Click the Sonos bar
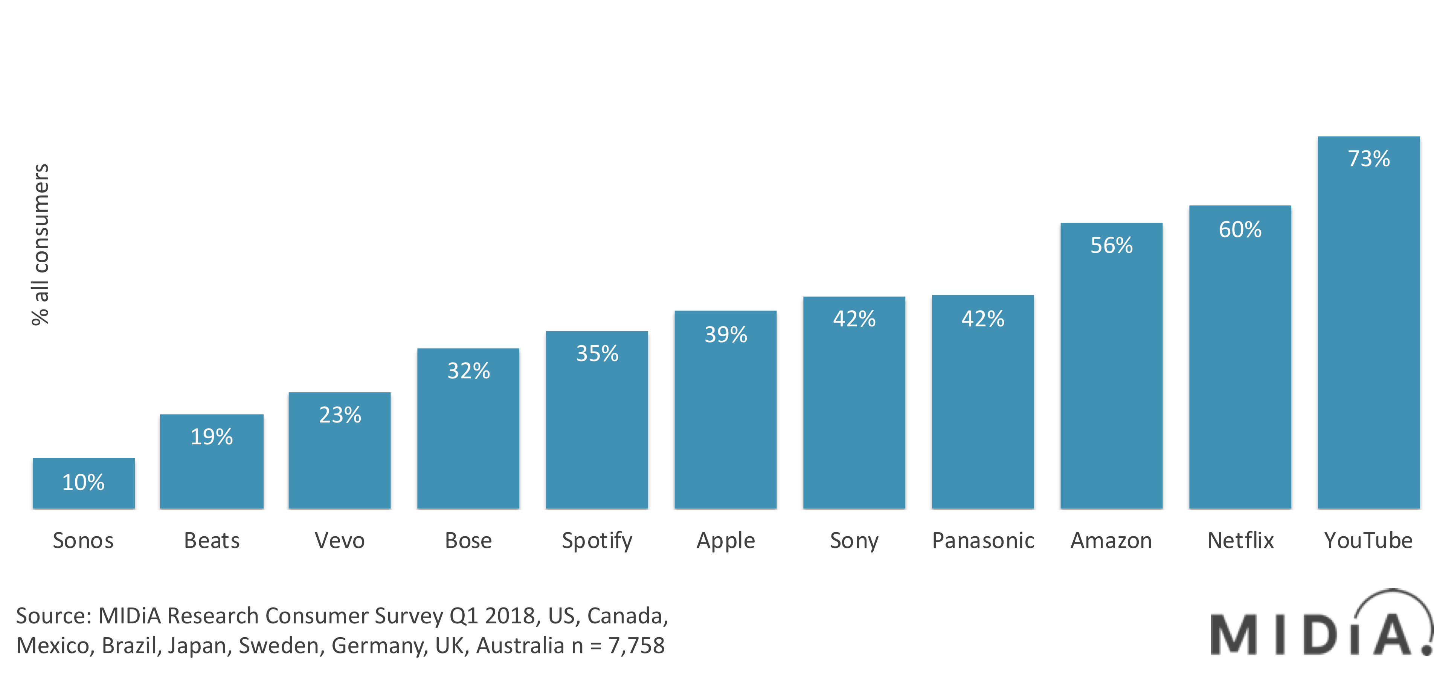(x=84, y=484)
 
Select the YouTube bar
(x=1368, y=334)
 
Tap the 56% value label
(x=1111, y=246)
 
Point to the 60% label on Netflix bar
(x=1240, y=230)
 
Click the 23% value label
(x=340, y=415)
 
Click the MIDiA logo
(x=1319, y=626)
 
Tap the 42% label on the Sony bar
(x=854, y=319)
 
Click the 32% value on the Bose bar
(x=468, y=371)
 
